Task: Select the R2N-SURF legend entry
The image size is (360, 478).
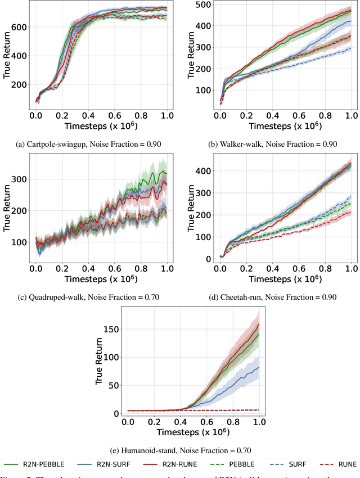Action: [x=103, y=464]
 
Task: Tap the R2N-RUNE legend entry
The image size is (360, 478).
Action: [x=163, y=464]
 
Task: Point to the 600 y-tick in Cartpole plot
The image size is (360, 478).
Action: [x=20, y=26]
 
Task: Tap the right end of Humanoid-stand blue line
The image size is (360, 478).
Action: [x=259, y=367]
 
